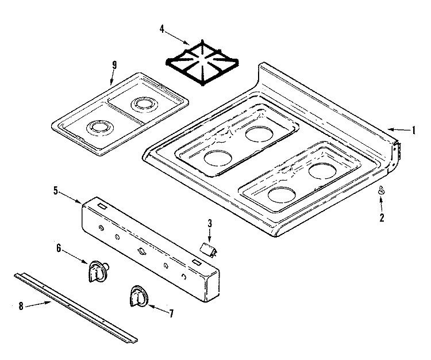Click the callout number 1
point(413,131)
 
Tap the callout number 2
point(380,218)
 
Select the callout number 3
point(210,223)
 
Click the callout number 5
point(55,190)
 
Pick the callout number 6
point(59,248)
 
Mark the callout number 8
point(21,307)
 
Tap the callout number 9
point(114,64)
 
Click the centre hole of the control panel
point(140,251)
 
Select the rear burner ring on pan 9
point(141,105)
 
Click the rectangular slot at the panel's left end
point(101,204)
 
